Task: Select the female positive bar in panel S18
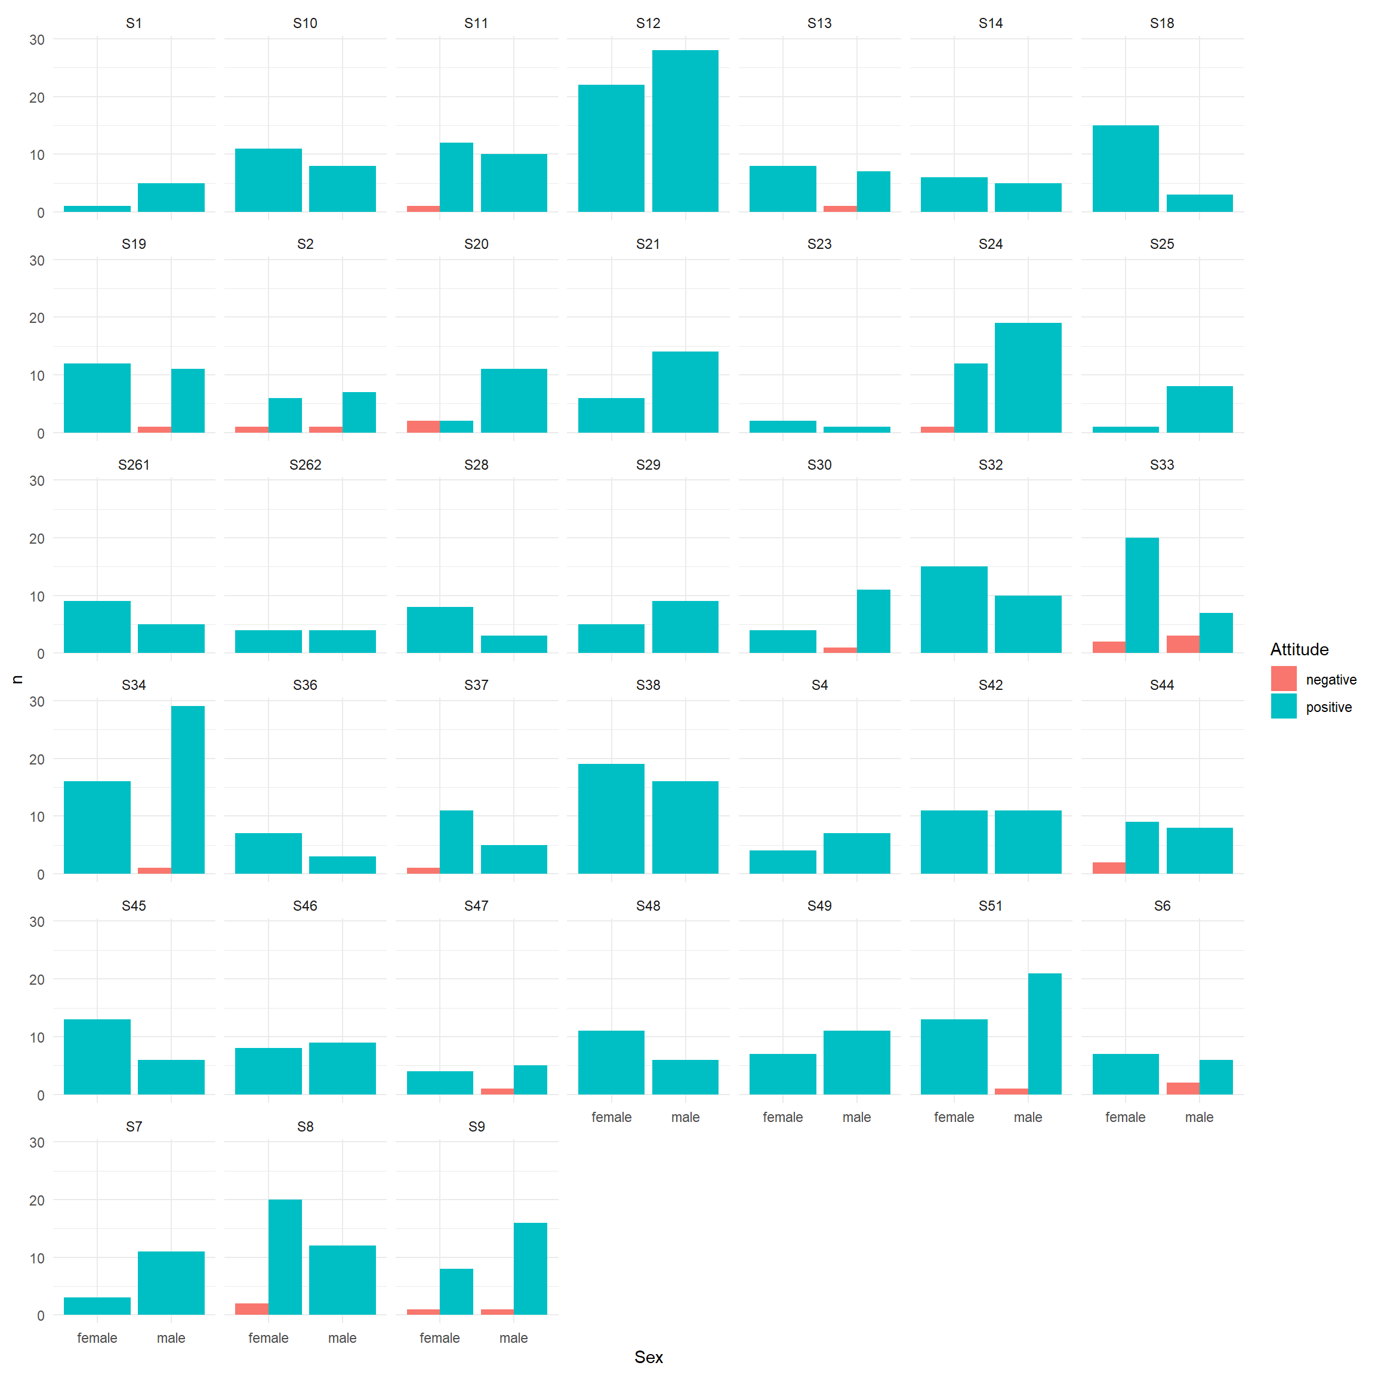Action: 1124,169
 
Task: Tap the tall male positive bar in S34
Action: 188,790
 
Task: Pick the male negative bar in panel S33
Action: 1182,644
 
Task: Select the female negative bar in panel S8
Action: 251,1309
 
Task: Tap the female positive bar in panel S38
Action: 611,818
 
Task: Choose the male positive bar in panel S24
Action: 1028,377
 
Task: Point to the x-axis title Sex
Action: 648,1357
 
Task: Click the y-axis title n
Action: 17,680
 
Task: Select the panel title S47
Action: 476,906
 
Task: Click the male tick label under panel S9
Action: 513,1338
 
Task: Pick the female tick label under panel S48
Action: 611,1117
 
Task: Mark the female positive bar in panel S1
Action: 97,208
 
